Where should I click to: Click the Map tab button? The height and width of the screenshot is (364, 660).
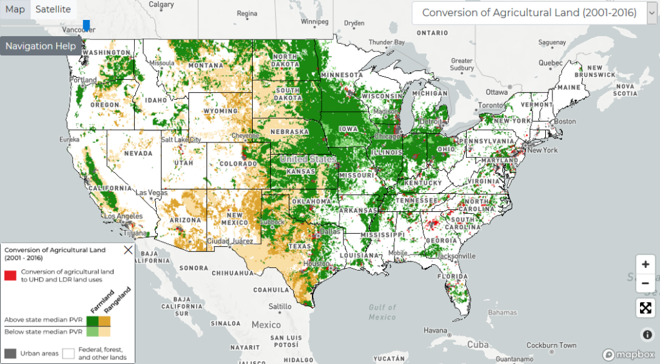pyautogui.click(x=15, y=9)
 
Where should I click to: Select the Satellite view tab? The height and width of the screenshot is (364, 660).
pyautogui.click(x=53, y=9)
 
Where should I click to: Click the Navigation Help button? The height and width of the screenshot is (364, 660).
pyautogui.click(x=41, y=46)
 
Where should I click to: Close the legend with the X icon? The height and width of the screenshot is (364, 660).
pyautogui.click(x=128, y=250)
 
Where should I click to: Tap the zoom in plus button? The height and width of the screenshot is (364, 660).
pyautogui.click(x=645, y=264)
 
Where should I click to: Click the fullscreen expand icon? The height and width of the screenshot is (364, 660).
pyautogui.click(x=645, y=308)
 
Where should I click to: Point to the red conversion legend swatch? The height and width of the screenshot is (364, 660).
pyautogui.click(x=10, y=276)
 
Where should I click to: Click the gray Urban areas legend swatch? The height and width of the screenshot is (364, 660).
pyautogui.click(x=10, y=353)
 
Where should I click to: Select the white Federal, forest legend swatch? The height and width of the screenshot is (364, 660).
pyautogui.click(x=68, y=353)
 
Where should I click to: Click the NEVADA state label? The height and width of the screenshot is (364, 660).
pyautogui.click(x=137, y=154)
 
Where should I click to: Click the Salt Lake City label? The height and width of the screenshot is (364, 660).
pyautogui.click(x=182, y=139)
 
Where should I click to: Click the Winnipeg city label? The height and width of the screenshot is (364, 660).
pyautogui.click(x=314, y=21)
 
